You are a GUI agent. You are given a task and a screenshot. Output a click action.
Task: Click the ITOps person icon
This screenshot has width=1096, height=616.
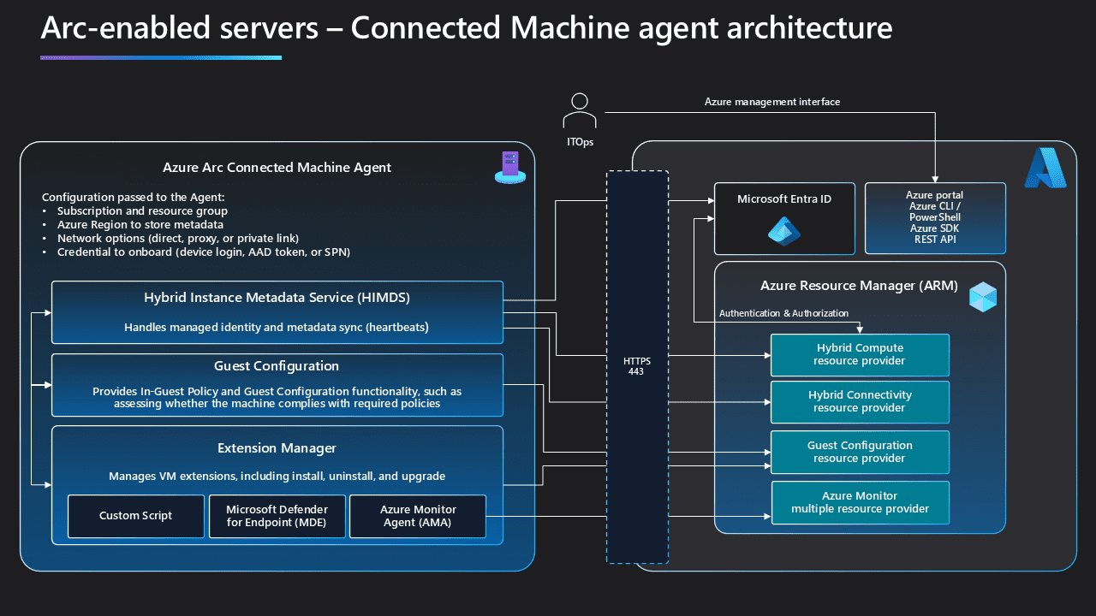pos(580,110)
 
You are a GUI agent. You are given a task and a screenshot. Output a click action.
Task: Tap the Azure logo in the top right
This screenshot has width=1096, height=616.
pos(1045,168)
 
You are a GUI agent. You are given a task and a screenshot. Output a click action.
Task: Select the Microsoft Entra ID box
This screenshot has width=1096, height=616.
pos(784,218)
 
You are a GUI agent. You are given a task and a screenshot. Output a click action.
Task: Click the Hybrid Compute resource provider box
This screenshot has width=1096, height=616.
pos(860,354)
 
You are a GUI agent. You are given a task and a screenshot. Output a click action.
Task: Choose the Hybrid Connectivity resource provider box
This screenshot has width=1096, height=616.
pos(860,401)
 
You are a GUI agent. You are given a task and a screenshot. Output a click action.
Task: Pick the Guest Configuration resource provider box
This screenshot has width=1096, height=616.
pos(860,452)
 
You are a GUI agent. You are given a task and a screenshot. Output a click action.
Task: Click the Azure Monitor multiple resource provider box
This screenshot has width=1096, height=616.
pos(860,502)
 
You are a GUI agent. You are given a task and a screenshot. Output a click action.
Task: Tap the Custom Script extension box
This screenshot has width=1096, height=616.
pos(135,516)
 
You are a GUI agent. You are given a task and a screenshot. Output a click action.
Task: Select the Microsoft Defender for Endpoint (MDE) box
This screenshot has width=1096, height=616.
pos(277,516)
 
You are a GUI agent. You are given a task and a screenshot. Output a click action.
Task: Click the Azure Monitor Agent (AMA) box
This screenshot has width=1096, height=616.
pos(418,516)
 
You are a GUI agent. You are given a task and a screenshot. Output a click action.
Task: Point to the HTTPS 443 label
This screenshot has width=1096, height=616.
pos(636,367)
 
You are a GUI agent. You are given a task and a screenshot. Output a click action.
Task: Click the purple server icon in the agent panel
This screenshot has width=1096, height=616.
pos(509,167)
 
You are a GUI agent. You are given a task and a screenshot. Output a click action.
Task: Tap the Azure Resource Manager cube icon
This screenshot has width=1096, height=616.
pos(982,296)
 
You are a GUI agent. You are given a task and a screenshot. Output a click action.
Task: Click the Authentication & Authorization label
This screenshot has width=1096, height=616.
pos(783,313)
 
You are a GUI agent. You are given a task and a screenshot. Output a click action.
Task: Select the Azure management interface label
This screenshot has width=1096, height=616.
pos(771,102)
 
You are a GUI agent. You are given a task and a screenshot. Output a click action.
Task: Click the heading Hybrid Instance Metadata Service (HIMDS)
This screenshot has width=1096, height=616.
pos(277,298)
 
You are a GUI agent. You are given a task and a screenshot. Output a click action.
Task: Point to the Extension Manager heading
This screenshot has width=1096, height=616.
pos(277,448)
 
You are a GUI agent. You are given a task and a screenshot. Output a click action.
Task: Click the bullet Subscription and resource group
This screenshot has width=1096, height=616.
pos(142,210)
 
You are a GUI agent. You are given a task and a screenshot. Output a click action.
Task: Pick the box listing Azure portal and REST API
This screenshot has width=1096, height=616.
pos(934,218)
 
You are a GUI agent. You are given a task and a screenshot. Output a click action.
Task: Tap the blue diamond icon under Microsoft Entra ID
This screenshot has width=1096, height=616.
pos(783,231)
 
